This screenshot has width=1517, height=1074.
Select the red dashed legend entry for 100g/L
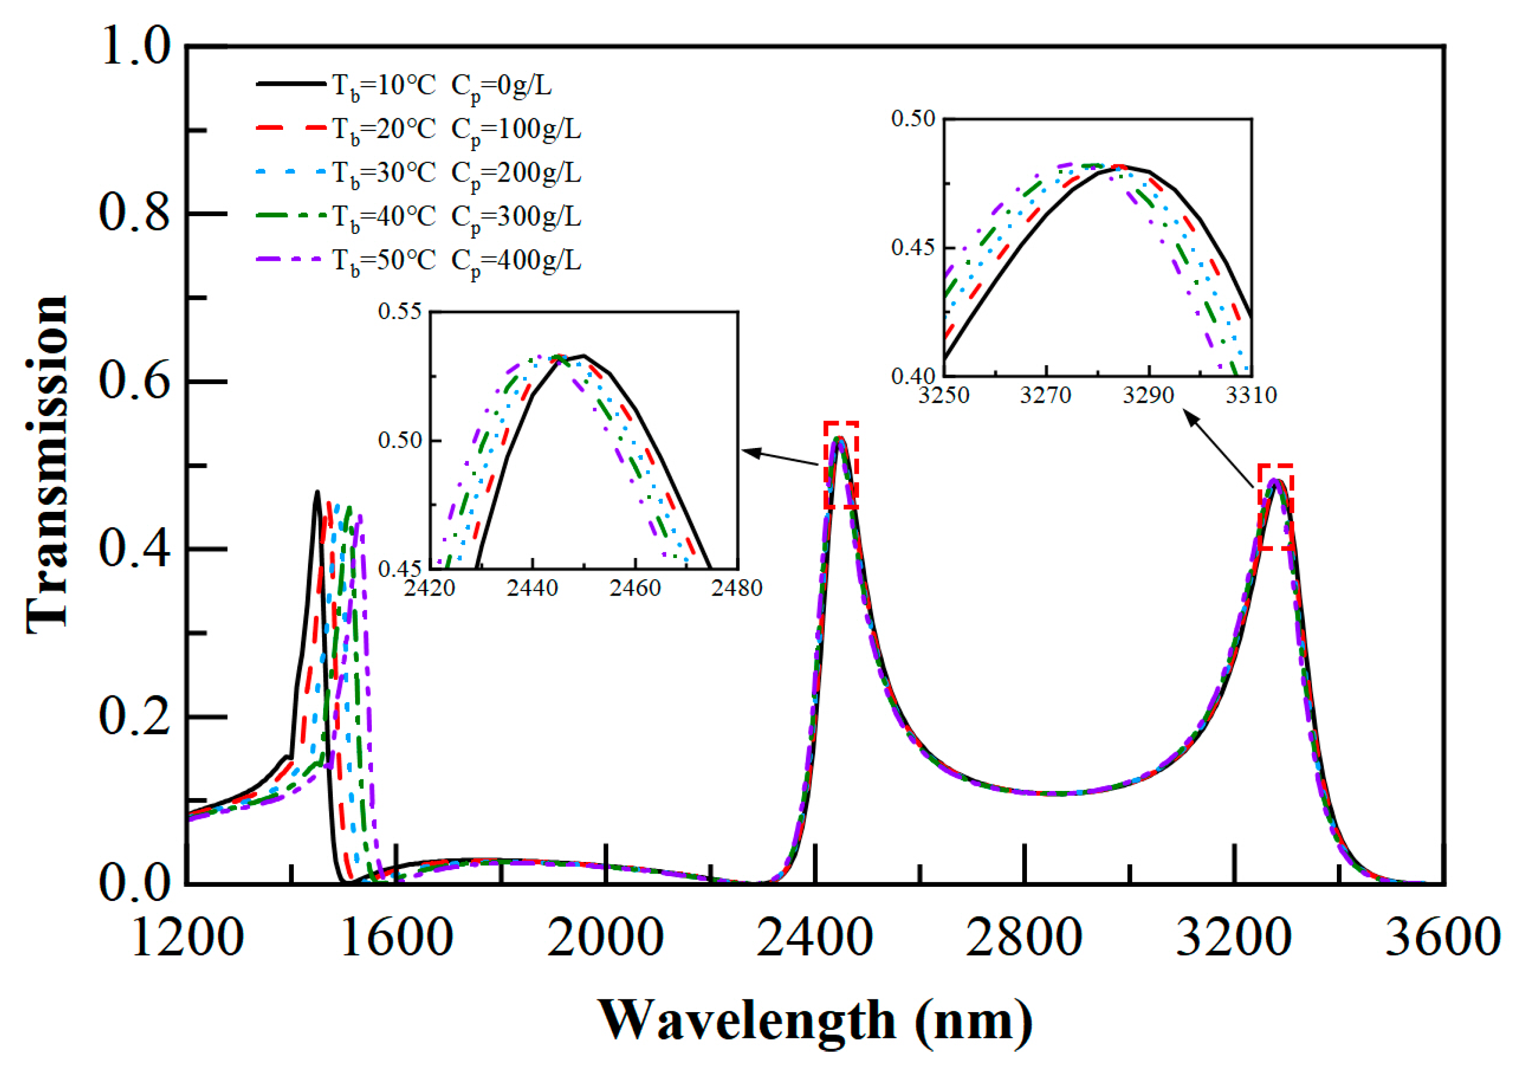pos(418,128)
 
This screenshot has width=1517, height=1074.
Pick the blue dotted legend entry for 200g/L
pos(418,172)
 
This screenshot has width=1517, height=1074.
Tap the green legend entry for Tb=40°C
pos(418,216)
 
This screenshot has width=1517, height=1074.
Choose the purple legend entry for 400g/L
pos(418,259)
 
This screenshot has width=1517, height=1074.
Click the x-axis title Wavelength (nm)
pos(815,1020)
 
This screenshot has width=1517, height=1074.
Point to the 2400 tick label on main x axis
pos(815,937)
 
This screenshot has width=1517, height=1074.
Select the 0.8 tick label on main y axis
pos(134,214)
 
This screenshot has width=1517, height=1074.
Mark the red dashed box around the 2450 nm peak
pos(841,465)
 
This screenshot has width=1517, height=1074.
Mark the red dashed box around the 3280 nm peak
pos(1275,507)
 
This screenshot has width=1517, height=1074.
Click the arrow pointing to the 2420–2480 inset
pos(780,458)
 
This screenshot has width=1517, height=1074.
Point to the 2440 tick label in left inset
pos(532,587)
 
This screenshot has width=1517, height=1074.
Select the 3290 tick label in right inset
pos(1149,396)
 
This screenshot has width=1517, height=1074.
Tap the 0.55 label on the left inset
pos(399,311)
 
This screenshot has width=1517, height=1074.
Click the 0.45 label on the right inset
pos(913,248)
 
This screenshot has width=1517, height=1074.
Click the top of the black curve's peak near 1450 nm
pos(318,492)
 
